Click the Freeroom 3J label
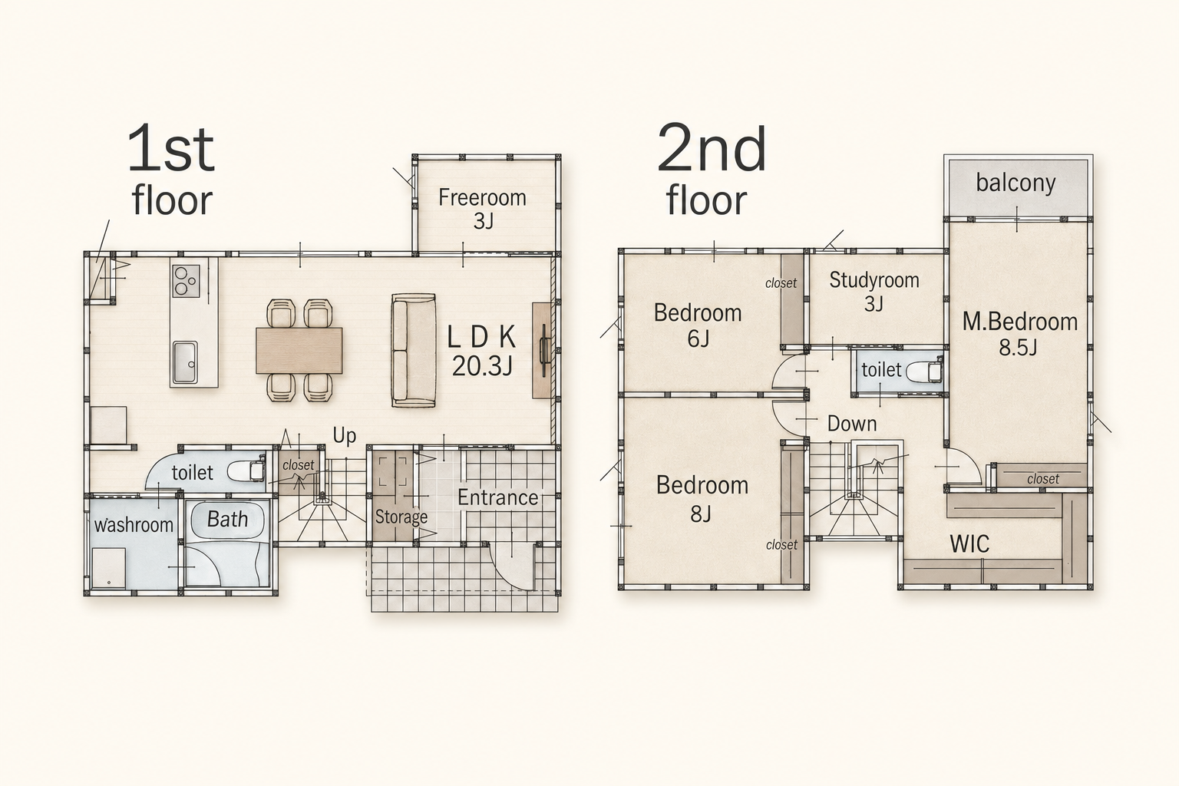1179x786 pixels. pos(482,209)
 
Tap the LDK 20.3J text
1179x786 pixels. pos(482,351)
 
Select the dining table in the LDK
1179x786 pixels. pos(299,350)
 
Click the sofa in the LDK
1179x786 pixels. pos(414,350)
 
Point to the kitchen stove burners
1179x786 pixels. pos(186,281)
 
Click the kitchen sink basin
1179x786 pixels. pos(184,362)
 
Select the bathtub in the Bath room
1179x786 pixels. pos(227,520)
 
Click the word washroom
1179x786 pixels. pos(134,525)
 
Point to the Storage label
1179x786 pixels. pos(401,517)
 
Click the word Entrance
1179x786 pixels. pos(497,497)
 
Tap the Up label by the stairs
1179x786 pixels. pos(344,436)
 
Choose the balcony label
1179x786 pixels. pos(1016,183)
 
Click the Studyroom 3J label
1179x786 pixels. pos(874,291)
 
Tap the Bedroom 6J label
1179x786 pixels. pos(698,325)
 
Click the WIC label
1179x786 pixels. pos(969,544)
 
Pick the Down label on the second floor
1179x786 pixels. pos(851,424)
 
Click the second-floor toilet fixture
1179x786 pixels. pos(923,370)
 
